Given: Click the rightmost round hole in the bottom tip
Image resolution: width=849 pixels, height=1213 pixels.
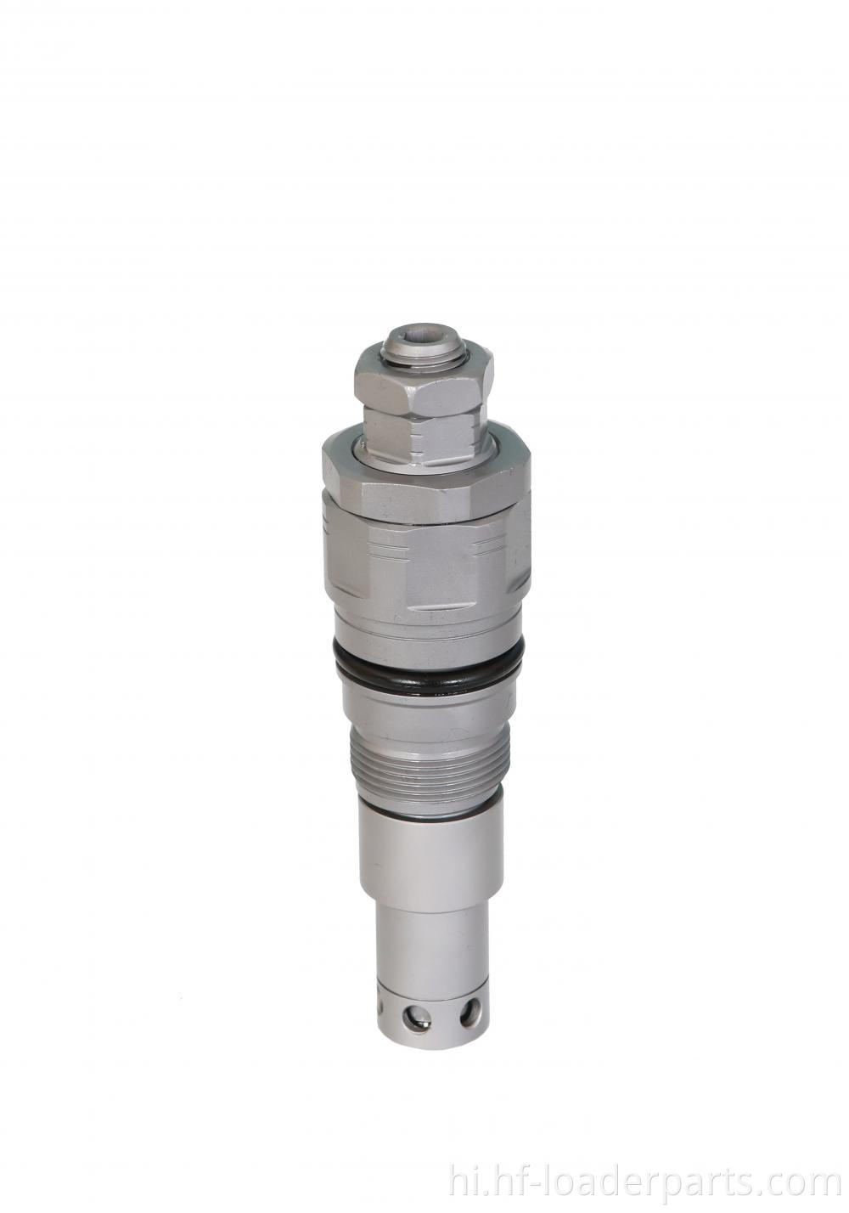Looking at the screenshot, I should pyautogui.click(x=468, y=1012).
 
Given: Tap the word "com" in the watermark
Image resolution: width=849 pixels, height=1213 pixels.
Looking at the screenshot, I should pyautogui.click(x=809, y=1182).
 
